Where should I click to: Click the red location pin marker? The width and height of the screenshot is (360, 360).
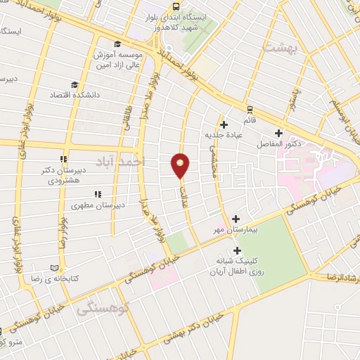pyautogui.click(x=181, y=165)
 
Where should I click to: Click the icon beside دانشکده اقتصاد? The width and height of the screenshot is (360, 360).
pyautogui.click(x=53, y=94)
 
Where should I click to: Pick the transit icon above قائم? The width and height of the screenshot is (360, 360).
pyautogui.click(x=249, y=110)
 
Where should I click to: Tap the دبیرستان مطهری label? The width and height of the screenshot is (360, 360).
pyautogui.click(x=98, y=205)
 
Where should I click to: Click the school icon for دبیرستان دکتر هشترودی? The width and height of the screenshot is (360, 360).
pyautogui.click(x=63, y=159)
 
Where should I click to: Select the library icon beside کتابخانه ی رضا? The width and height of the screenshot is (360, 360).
pyautogui.click(x=56, y=268)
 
